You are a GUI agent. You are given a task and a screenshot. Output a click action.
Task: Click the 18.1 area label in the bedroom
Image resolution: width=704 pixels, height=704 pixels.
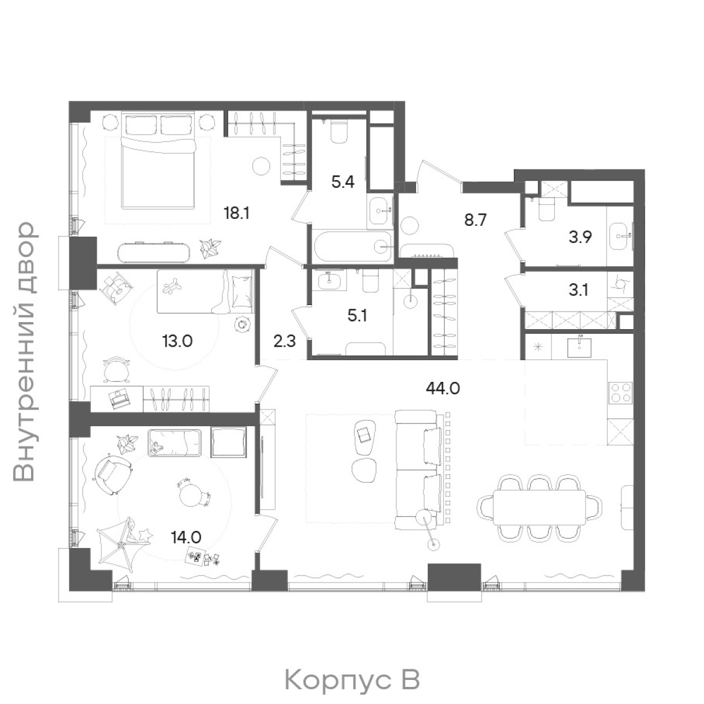(x=236, y=214)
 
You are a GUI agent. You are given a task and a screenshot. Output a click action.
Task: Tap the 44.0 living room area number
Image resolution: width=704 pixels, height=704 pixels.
(x=443, y=389)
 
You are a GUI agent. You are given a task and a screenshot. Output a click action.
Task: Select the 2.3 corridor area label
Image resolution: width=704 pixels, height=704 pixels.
(x=285, y=342)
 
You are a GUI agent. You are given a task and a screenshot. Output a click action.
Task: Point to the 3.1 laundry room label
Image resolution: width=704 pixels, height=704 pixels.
(x=578, y=290)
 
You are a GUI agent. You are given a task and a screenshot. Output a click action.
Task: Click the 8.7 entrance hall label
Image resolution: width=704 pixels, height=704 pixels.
(x=476, y=221)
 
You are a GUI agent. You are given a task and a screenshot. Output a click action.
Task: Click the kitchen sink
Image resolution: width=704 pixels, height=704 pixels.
(x=580, y=347)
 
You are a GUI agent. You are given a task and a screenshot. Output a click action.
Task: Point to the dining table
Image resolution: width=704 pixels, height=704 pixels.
(x=539, y=508)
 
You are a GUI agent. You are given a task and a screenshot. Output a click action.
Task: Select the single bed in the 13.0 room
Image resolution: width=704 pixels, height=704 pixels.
(x=205, y=292)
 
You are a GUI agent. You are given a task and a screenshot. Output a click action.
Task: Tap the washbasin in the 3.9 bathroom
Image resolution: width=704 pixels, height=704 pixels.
(x=621, y=236)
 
